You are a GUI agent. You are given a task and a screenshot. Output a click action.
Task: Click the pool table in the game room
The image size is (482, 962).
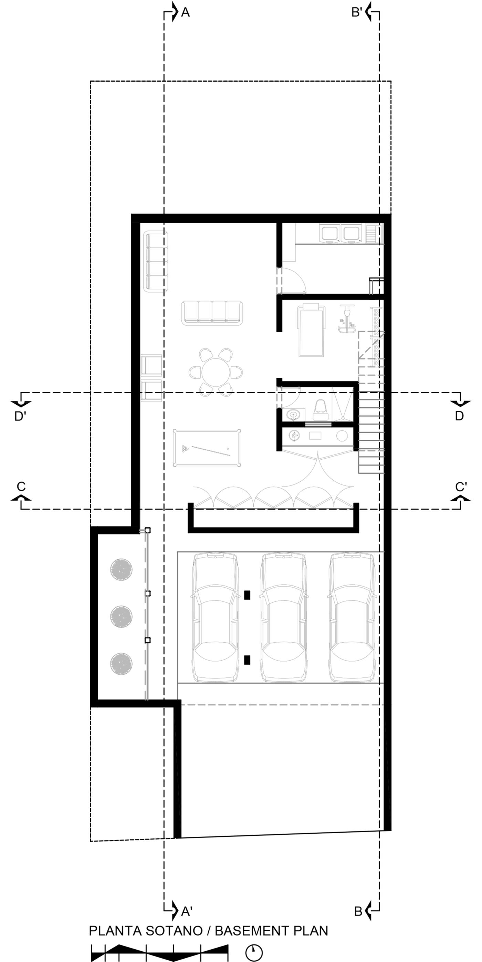point(207,448)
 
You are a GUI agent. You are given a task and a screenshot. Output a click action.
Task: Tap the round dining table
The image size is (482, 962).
point(216,372)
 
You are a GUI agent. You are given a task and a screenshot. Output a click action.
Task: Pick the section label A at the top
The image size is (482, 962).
point(185,13)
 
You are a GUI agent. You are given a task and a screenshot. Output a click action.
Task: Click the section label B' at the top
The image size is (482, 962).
point(356,13)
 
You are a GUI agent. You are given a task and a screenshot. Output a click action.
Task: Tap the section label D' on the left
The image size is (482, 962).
point(20,416)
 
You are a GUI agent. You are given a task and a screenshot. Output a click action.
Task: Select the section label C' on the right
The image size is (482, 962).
point(461,487)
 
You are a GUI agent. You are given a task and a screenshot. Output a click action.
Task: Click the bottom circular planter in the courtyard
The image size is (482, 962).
point(121,664)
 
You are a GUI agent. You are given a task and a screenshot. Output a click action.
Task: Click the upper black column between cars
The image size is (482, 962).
point(247,595)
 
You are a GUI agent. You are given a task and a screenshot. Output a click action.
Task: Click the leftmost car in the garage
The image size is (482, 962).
point(215,617)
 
